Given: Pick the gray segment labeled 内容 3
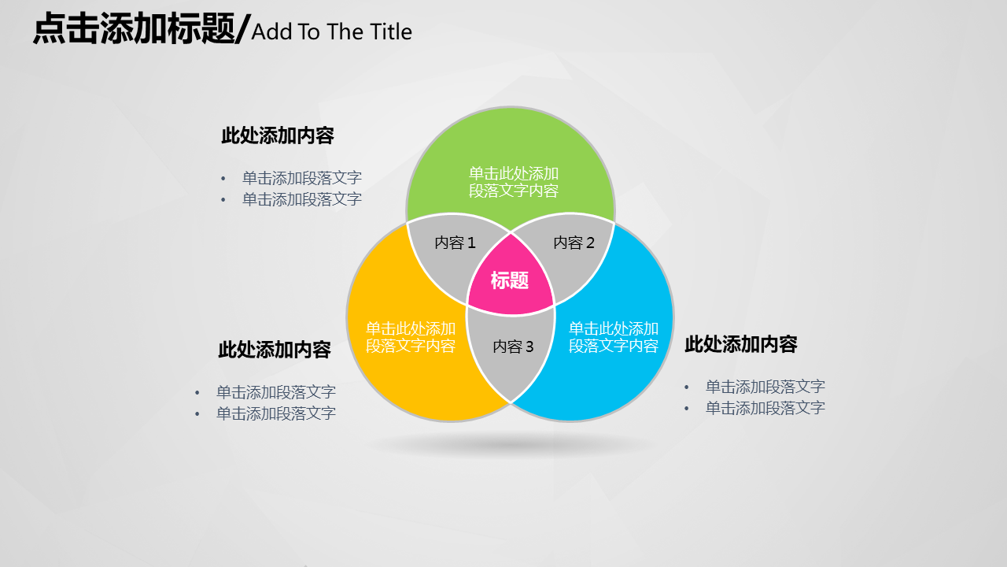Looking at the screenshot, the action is [x=511, y=351].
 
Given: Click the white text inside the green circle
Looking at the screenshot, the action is [x=514, y=182].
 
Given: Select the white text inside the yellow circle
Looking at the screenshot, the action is [x=411, y=337].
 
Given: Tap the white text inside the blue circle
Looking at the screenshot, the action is [x=613, y=337].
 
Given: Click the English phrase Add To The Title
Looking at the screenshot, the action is [x=331, y=32].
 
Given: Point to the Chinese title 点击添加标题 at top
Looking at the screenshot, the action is [x=134, y=28].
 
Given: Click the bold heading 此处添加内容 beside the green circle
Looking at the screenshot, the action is [x=278, y=135].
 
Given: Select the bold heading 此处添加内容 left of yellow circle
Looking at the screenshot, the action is [x=275, y=350].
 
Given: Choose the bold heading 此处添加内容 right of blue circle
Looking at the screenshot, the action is [x=741, y=344].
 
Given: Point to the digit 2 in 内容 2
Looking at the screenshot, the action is [x=590, y=243].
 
